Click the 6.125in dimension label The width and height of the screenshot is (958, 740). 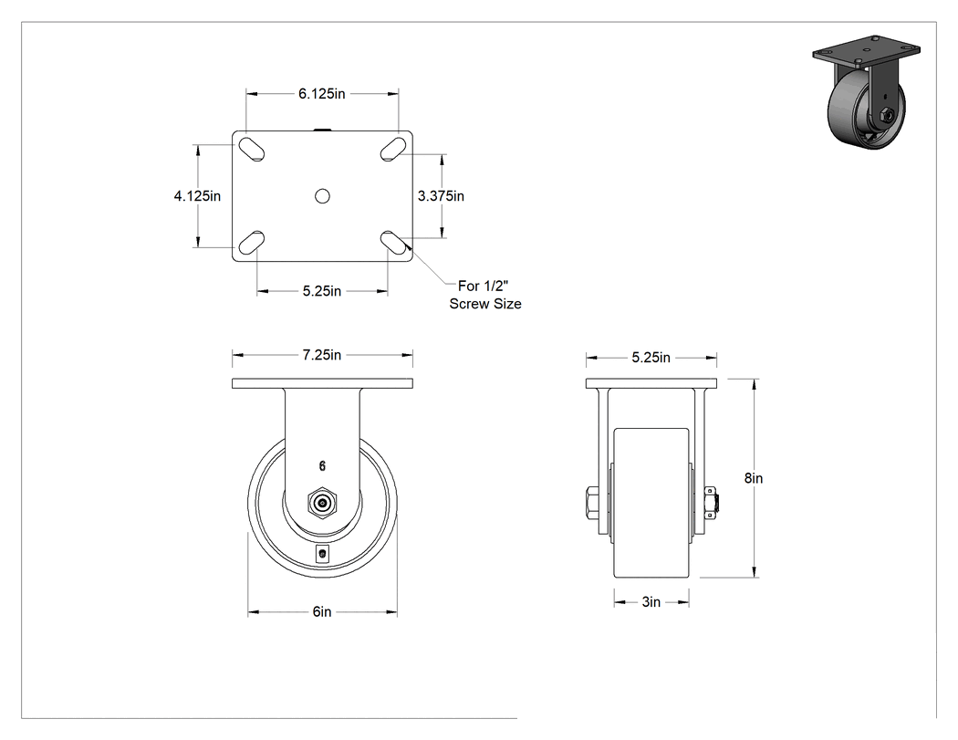click(322, 93)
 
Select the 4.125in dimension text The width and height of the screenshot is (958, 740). click(197, 195)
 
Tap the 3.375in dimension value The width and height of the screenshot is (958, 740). click(441, 195)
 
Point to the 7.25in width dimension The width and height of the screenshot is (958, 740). click(322, 355)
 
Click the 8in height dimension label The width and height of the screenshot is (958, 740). click(754, 478)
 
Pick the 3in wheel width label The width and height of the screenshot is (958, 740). click(651, 602)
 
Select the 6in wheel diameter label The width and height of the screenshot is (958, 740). click(322, 611)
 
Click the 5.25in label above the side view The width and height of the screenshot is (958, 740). click(651, 358)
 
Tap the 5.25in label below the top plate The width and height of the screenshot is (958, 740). click(322, 291)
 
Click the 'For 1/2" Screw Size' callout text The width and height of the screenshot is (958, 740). click(485, 295)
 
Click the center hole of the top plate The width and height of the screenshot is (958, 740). click(323, 196)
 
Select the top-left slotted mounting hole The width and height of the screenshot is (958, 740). click(251, 149)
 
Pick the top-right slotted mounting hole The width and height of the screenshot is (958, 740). click(393, 149)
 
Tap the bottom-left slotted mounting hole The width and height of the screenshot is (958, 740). click(251, 243)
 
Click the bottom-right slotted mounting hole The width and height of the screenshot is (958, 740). click(393, 243)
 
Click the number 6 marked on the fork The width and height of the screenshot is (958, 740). click(323, 466)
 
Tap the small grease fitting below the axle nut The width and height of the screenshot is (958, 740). click(323, 554)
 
